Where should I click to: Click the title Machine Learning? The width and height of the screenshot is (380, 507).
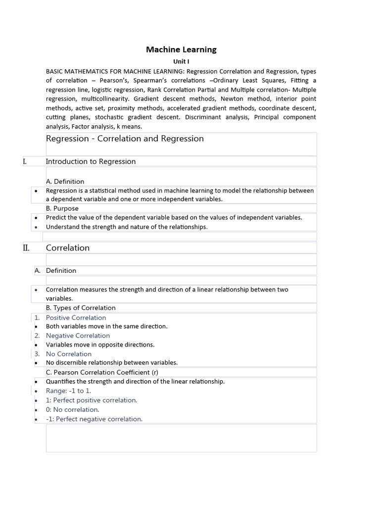[181, 50]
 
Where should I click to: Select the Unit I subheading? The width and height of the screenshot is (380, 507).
[181, 62]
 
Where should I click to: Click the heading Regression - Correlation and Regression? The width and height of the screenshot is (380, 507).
[125, 139]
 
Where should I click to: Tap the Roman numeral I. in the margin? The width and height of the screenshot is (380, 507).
[25, 161]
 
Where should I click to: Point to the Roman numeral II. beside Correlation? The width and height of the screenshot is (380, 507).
[26, 248]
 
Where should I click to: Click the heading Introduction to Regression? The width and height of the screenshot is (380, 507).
[91, 161]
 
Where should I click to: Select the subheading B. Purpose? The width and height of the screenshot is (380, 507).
[62, 208]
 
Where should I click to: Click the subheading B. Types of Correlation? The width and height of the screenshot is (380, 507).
[81, 308]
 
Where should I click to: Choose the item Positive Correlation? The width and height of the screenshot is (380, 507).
[76, 318]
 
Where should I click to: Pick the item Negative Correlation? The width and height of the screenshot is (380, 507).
[78, 336]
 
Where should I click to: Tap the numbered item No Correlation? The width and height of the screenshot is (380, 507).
[69, 354]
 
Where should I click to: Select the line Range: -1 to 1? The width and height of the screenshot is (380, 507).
[68, 391]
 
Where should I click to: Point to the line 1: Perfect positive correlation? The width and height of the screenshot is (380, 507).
[92, 400]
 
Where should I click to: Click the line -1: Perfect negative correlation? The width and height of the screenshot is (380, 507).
[94, 419]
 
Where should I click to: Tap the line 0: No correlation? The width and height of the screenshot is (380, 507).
[72, 409]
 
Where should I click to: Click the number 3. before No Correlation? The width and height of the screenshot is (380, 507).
[37, 354]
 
